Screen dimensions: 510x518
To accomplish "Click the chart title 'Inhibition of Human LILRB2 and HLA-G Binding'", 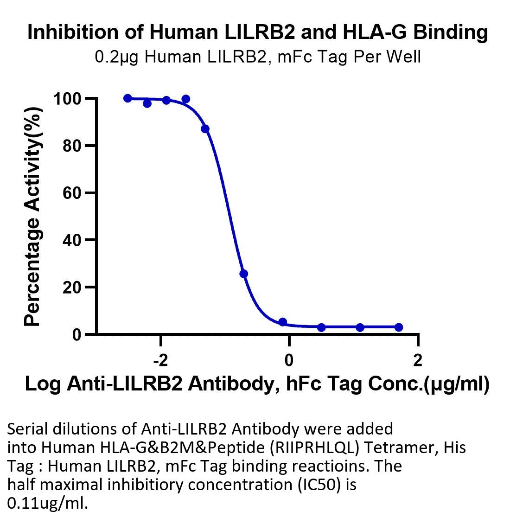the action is pyautogui.click(x=258, y=32).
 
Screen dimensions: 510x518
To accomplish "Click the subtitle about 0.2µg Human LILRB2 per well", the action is pyautogui.click(x=258, y=57).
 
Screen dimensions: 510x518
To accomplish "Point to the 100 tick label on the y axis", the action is pyautogui.click(x=67, y=99).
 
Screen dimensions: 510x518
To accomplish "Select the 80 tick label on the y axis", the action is pyautogui.click(x=72, y=146).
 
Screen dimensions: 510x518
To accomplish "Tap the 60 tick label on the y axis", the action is pyautogui.click(x=72, y=193).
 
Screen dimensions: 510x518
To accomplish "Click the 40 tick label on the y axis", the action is pyautogui.click(x=72, y=240).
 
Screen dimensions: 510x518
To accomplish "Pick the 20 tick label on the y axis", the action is pyautogui.click(x=72, y=288).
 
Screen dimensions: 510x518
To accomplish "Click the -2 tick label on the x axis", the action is pyautogui.click(x=160, y=360).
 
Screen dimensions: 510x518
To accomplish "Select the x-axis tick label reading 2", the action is pyautogui.click(x=418, y=360).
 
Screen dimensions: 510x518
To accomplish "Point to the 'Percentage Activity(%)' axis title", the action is pyautogui.click(x=32, y=217).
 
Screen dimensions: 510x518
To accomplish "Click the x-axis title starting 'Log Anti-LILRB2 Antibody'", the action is pyautogui.click(x=257, y=384).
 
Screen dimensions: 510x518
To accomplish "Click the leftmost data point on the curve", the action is pyautogui.click(x=127, y=98).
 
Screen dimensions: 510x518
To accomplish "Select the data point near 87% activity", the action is pyautogui.click(x=205, y=128).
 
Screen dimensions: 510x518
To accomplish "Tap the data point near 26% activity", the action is pyautogui.click(x=244, y=274).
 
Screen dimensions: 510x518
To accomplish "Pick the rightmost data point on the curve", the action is pyautogui.click(x=399, y=327).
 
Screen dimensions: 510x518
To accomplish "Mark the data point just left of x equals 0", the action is pyautogui.click(x=283, y=322).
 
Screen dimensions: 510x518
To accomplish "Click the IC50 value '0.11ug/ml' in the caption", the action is pyautogui.click(x=48, y=503).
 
